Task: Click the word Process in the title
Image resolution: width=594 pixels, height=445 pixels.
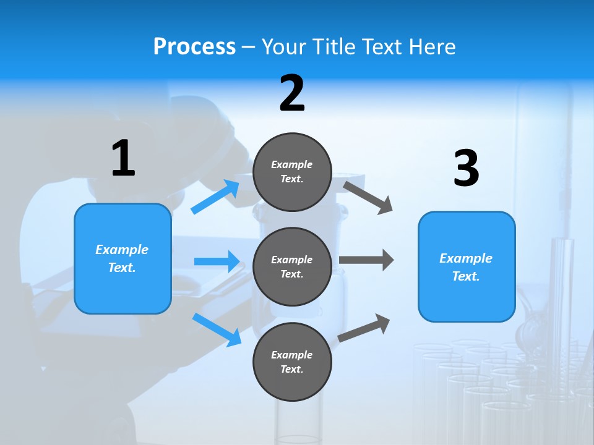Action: pyautogui.click(x=194, y=47)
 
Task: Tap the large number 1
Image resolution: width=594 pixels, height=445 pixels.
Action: pyautogui.click(x=123, y=159)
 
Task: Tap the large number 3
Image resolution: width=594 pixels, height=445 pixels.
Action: pyautogui.click(x=466, y=169)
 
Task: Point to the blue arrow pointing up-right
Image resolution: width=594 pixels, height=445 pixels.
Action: pyautogui.click(x=215, y=197)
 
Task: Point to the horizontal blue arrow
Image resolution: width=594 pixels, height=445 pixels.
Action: pyautogui.click(x=217, y=261)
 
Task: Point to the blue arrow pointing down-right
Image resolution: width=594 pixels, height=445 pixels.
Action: pyautogui.click(x=217, y=329)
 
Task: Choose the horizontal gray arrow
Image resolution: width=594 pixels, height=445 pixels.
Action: pyautogui.click(x=366, y=260)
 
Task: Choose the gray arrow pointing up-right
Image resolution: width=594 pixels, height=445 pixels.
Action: pyautogui.click(x=364, y=328)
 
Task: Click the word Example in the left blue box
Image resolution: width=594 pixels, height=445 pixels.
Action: pyautogui.click(x=122, y=250)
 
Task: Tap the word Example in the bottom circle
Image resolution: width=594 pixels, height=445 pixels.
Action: pyautogui.click(x=292, y=355)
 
